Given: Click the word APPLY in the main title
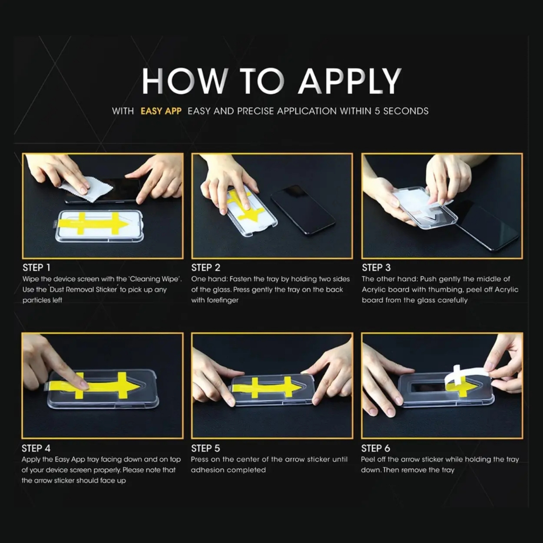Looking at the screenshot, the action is point(350,81).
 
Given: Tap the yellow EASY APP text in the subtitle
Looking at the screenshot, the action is point(161,111).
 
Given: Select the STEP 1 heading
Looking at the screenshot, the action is point(37,268).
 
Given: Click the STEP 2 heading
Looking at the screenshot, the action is point(206,268).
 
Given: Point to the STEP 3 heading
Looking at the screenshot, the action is point(376,268).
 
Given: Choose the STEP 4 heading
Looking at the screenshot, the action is point(36,449).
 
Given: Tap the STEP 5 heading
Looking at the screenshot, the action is point(206,449).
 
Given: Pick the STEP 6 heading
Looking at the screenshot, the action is point(376,449).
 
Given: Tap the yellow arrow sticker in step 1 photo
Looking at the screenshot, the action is point(93,224).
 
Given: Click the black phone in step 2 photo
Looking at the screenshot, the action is point(303,209).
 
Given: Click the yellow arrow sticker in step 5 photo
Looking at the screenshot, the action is point(267,387).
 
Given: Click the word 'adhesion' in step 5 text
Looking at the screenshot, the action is point(206,470).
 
